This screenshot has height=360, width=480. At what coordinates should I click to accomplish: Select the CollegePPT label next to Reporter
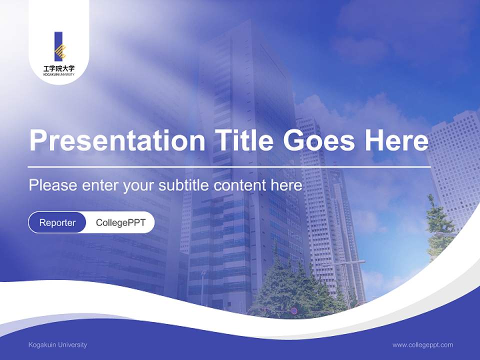point(120,222)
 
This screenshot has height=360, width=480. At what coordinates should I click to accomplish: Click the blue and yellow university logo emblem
point(59,46)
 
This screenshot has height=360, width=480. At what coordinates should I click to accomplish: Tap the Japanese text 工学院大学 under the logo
point(59,67)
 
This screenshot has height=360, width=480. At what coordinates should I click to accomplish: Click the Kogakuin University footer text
point(57,345)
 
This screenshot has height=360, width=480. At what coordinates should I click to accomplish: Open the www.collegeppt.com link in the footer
point(422,345)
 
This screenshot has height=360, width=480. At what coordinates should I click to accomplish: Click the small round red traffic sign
point(294,311)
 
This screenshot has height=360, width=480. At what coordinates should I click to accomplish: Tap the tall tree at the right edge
point(438,225)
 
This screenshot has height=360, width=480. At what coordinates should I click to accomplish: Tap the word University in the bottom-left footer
point(72,345)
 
